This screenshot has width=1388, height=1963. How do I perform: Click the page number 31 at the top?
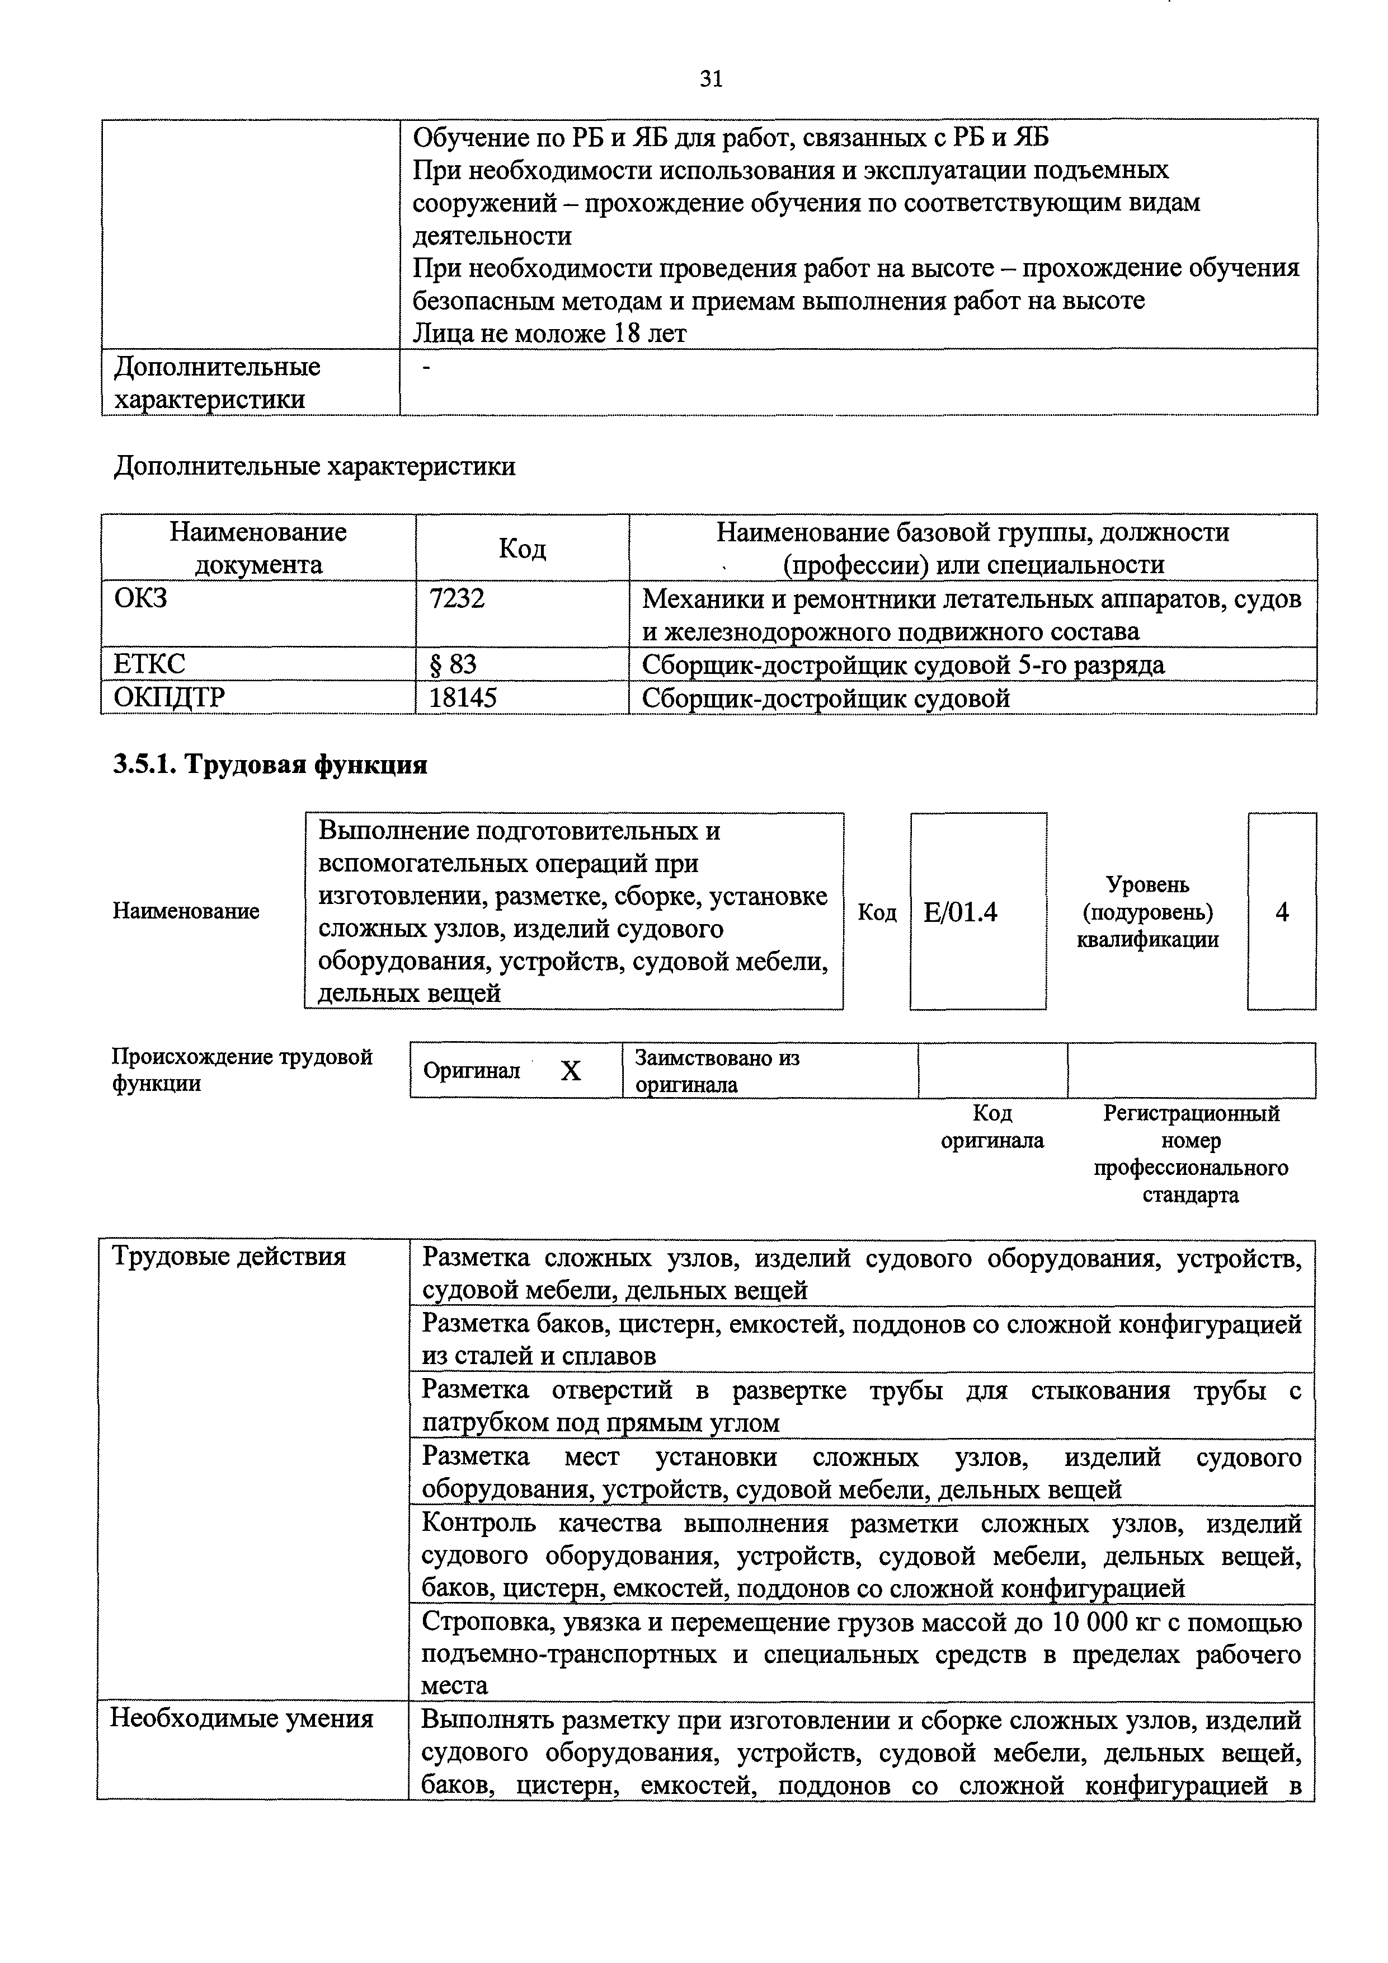(x=711, y=79)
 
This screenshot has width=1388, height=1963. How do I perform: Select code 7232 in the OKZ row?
(x=457, y=598)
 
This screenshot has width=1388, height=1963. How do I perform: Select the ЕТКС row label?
(x=149, y=664)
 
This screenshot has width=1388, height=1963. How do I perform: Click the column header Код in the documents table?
(x=521, y=548)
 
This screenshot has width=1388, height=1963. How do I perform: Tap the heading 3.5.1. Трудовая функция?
(x=270, y=765)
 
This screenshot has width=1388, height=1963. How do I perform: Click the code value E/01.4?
(x=961, y=913)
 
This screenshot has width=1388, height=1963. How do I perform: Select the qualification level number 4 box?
(x=1281, y=913)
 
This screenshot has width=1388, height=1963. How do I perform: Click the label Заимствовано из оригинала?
(x=716, y=1071)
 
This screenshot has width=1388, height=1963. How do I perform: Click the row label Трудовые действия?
(x=229, y=1257)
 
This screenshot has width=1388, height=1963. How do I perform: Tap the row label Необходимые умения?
(x=241, y=1718)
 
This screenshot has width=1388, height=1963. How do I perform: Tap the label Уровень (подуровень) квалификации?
(x=1147, y=912)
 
